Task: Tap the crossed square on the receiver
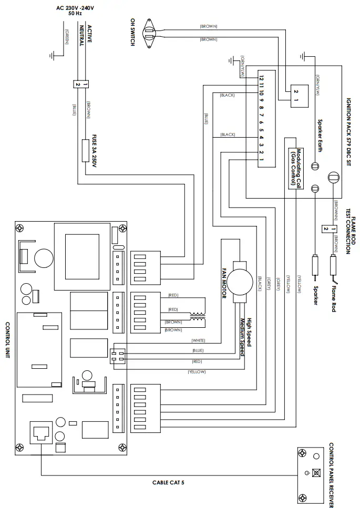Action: point(316,472)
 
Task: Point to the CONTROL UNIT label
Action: point(7,340)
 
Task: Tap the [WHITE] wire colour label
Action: point(198,340)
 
